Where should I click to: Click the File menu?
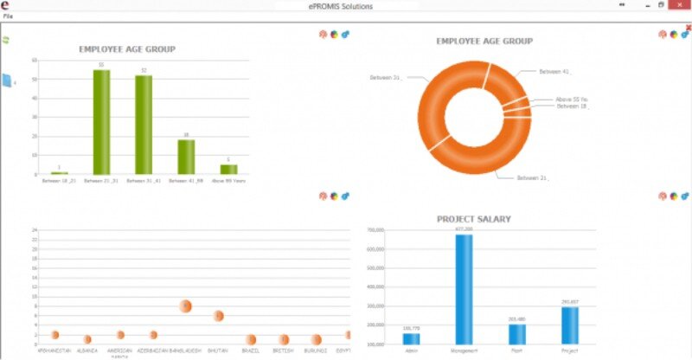tap(8, 16)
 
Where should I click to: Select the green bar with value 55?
tap(101, 121)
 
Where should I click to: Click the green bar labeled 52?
tap(144, 125)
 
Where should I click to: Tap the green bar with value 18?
tap(186, 157)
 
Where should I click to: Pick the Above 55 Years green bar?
tap(228, 169)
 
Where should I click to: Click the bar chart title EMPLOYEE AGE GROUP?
tap(127, 49)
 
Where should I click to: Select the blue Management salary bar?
tap(465, 290)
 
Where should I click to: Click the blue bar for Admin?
tap(411, 338)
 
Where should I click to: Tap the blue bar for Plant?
tap(517, 334)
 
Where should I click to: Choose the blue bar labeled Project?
tap(569, 325)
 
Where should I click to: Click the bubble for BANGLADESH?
tap(186, 306)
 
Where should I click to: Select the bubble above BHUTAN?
tap(219, 316)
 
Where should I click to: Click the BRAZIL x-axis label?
tap(251, 350)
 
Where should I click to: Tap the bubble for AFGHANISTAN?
tap(54, 335)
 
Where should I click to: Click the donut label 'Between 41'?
tap(554, 71)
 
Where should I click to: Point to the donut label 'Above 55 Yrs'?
tap(573, 100)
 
